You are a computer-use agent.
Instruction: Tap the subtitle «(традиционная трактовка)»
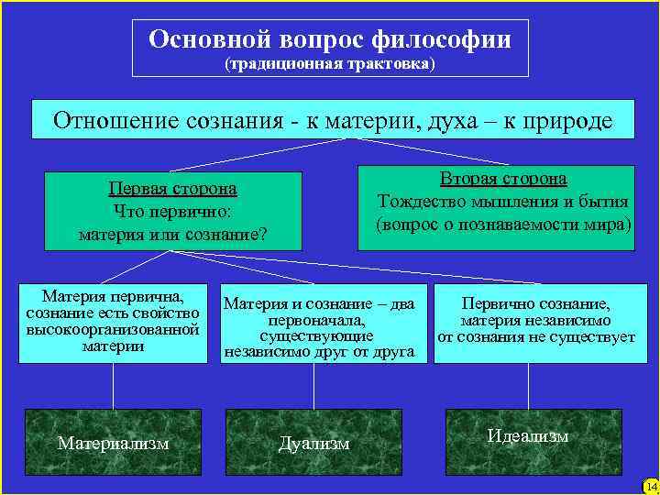point(330,64)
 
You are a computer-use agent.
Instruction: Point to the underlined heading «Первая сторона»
point(172,189)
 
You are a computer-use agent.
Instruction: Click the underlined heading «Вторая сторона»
point(503,179)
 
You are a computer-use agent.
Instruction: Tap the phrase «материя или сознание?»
point(172,234)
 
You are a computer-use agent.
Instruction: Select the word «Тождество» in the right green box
point(420,202)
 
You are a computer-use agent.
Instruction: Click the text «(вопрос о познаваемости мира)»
point(503,224)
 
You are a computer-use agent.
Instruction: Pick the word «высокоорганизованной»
point(114,329)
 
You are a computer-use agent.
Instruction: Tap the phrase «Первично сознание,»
point(536,304)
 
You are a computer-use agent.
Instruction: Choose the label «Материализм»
point(114,443)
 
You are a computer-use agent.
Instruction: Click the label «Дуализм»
point(314,443)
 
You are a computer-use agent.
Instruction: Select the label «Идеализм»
point(528,436)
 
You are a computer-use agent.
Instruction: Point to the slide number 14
point(651,486)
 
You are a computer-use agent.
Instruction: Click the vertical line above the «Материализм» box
point(114,385)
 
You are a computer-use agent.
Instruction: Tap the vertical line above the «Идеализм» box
point(536,385)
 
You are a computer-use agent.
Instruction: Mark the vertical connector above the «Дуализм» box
point(314,385)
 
